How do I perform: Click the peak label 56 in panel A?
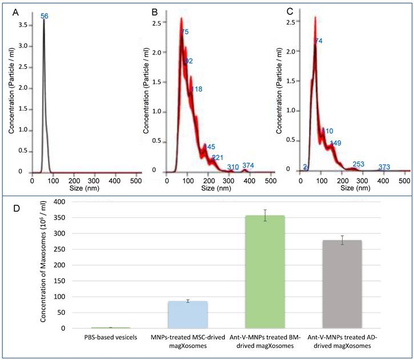(44, 17)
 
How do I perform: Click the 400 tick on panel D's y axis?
(61, 202)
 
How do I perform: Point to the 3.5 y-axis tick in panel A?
(20, 25)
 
